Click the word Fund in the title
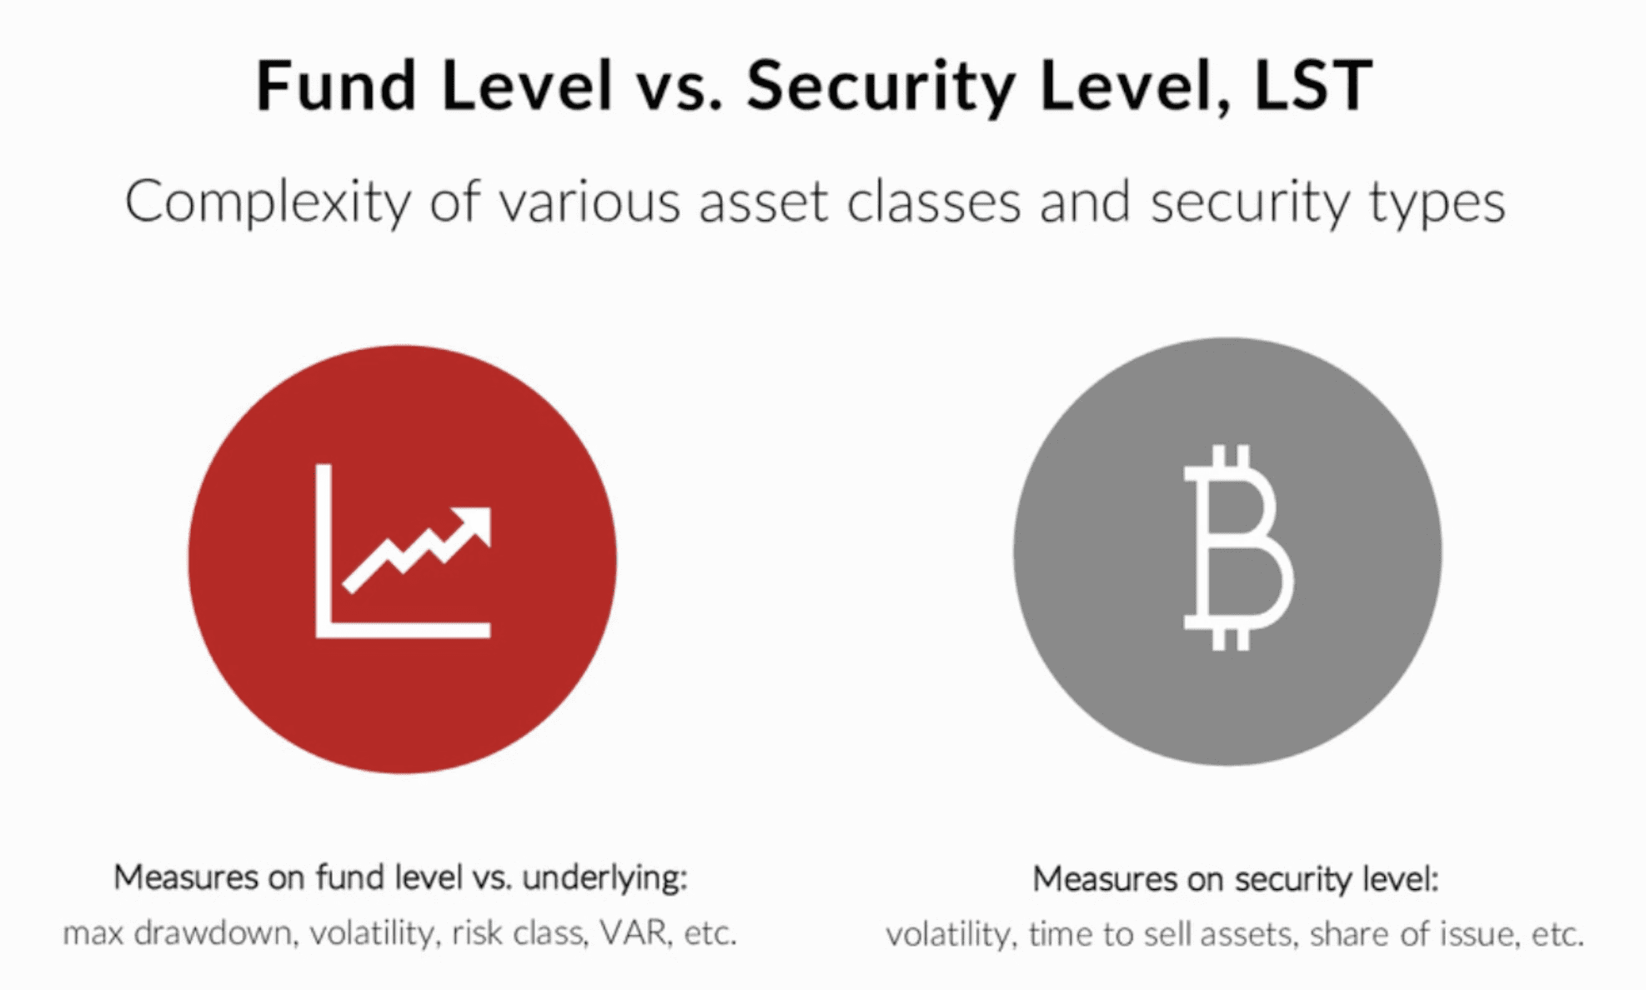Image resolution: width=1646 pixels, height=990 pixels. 336,85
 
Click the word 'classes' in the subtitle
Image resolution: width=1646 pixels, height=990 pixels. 934,202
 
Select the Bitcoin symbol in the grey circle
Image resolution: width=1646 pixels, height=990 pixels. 1238,547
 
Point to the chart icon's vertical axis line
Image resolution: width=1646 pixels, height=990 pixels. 324,550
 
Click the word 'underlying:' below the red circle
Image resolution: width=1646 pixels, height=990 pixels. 605,879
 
